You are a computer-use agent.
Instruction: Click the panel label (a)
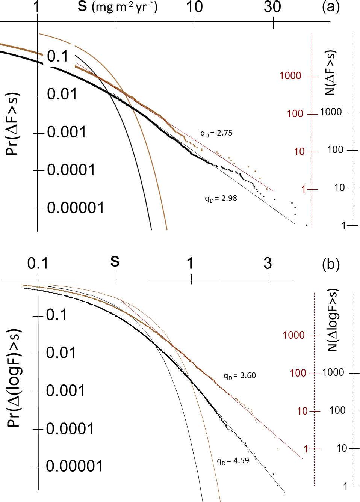click(331, 7)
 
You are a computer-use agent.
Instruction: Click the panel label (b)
click(331, 264)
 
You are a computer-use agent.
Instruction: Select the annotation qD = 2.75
click(216, 133)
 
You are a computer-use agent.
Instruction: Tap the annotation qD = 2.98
click(221, 199)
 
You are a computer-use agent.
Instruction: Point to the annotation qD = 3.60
click(240, 376)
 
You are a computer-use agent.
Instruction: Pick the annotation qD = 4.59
click(233, 461)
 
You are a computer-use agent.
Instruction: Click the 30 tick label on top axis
click(272, 7)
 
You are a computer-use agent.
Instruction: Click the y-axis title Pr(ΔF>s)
click(12, 124)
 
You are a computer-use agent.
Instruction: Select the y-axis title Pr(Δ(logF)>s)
click(14, 378)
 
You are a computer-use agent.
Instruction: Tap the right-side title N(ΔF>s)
click(330, 73)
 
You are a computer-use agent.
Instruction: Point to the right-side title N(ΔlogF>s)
click(332, 320)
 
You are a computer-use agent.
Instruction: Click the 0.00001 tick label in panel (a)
click(76, 208)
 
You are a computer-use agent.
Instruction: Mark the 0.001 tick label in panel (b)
click(66, 391)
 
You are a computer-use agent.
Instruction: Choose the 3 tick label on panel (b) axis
click(268, 264)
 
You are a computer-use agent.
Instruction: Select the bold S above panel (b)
click(115, 261)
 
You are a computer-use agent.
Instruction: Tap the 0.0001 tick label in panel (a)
click(71, 170)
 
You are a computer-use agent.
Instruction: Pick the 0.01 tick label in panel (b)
click(61, 353)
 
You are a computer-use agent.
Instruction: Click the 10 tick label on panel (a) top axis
click(195, 7)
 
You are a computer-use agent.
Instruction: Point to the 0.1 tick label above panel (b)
click(38, 264)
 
